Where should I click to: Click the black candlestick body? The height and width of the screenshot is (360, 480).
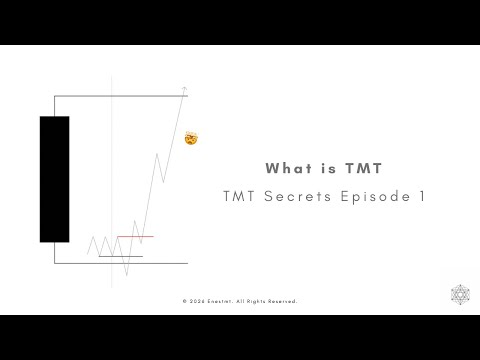(x=54, y=179)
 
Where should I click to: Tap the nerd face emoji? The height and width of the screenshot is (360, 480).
(x=191, y=137)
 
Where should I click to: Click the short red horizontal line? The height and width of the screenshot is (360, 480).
(x=135, y=237)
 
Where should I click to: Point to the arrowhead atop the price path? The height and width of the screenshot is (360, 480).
(x=184, y=91)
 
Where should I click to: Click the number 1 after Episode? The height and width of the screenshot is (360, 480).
(x=421, y=197)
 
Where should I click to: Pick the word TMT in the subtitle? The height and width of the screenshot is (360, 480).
(x=246, y=197)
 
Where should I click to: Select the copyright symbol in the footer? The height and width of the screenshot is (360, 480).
(x=185, y=301)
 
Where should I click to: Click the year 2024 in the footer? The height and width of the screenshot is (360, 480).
(x=197, y=301)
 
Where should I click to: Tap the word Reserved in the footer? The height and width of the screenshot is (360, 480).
(x=282, y=301)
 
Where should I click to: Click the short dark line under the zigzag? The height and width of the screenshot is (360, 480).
(x=120, y=257)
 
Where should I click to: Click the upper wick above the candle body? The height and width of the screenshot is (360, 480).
(x=55, y=105)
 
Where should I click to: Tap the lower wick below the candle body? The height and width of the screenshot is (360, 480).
(x=55, y=252)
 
